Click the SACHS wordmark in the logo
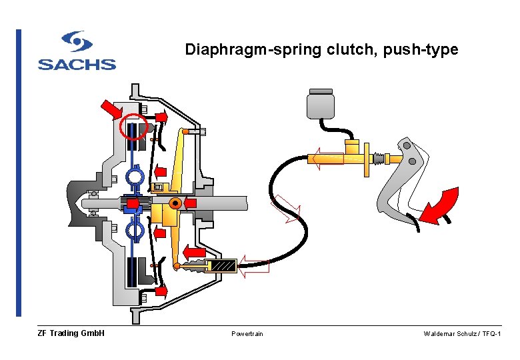[77, 65]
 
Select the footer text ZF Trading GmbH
[71, 333]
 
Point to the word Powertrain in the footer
[247, 333]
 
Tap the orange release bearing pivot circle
[175, 203]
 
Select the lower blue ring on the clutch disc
[135, 229]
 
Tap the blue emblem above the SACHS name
[77, 43]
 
